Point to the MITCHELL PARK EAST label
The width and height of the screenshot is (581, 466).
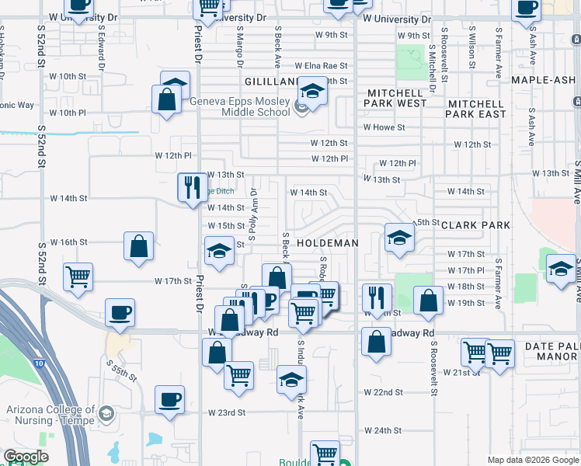pyautogui.click(x=476, y=108)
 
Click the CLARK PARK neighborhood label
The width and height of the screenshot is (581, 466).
pyautogui.click(x=475, y=225)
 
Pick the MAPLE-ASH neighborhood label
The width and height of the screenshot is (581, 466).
pyautogui.click(x=541, y=80)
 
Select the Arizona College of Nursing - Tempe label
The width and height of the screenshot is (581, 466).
pyautogui.click(x=49, y=415)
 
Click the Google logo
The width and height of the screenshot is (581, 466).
pyautogui.click(x=26, y=457)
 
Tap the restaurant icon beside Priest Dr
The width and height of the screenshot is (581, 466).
pyautogui.click(x=190, y=187)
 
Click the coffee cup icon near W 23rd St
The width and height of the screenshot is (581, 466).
pyautogui.click(x=169, y=400)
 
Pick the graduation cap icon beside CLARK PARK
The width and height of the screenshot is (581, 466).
pyautogui.click(x=399, y=238)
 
